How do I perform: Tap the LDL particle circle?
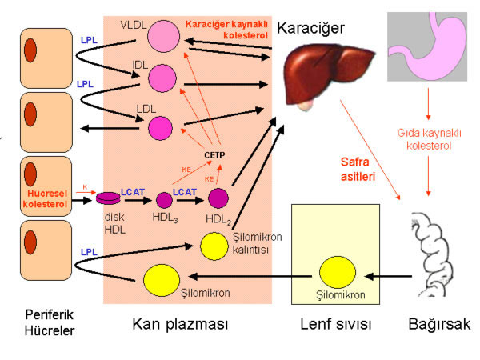coord(162,127)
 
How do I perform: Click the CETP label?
coord(214,154)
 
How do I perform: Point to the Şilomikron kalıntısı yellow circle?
coord(214,244)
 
